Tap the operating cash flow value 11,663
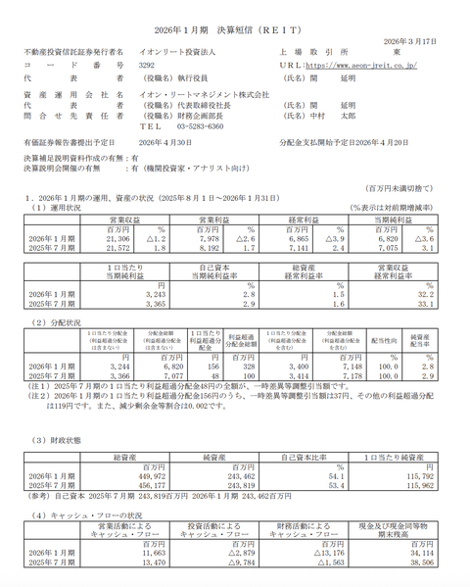(x=134, y=551)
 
